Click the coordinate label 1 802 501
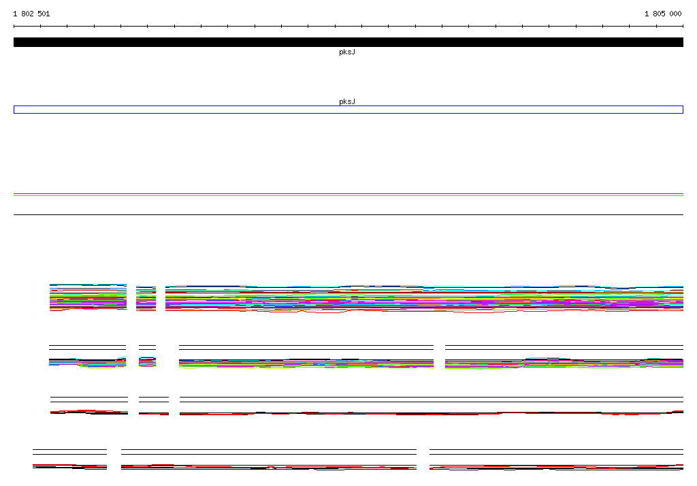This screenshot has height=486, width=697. [31, 14]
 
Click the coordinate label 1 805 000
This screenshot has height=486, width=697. [663, 14]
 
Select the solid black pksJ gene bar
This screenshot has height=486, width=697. [348, 42]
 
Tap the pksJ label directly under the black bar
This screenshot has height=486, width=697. [347, 52]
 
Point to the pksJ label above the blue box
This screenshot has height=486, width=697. [347, 101]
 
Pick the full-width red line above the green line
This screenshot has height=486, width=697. [348, 194]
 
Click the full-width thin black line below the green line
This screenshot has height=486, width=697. [348, 215]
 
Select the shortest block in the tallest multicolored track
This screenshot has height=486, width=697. [146, 298]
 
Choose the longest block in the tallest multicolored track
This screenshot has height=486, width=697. [425, 299]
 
